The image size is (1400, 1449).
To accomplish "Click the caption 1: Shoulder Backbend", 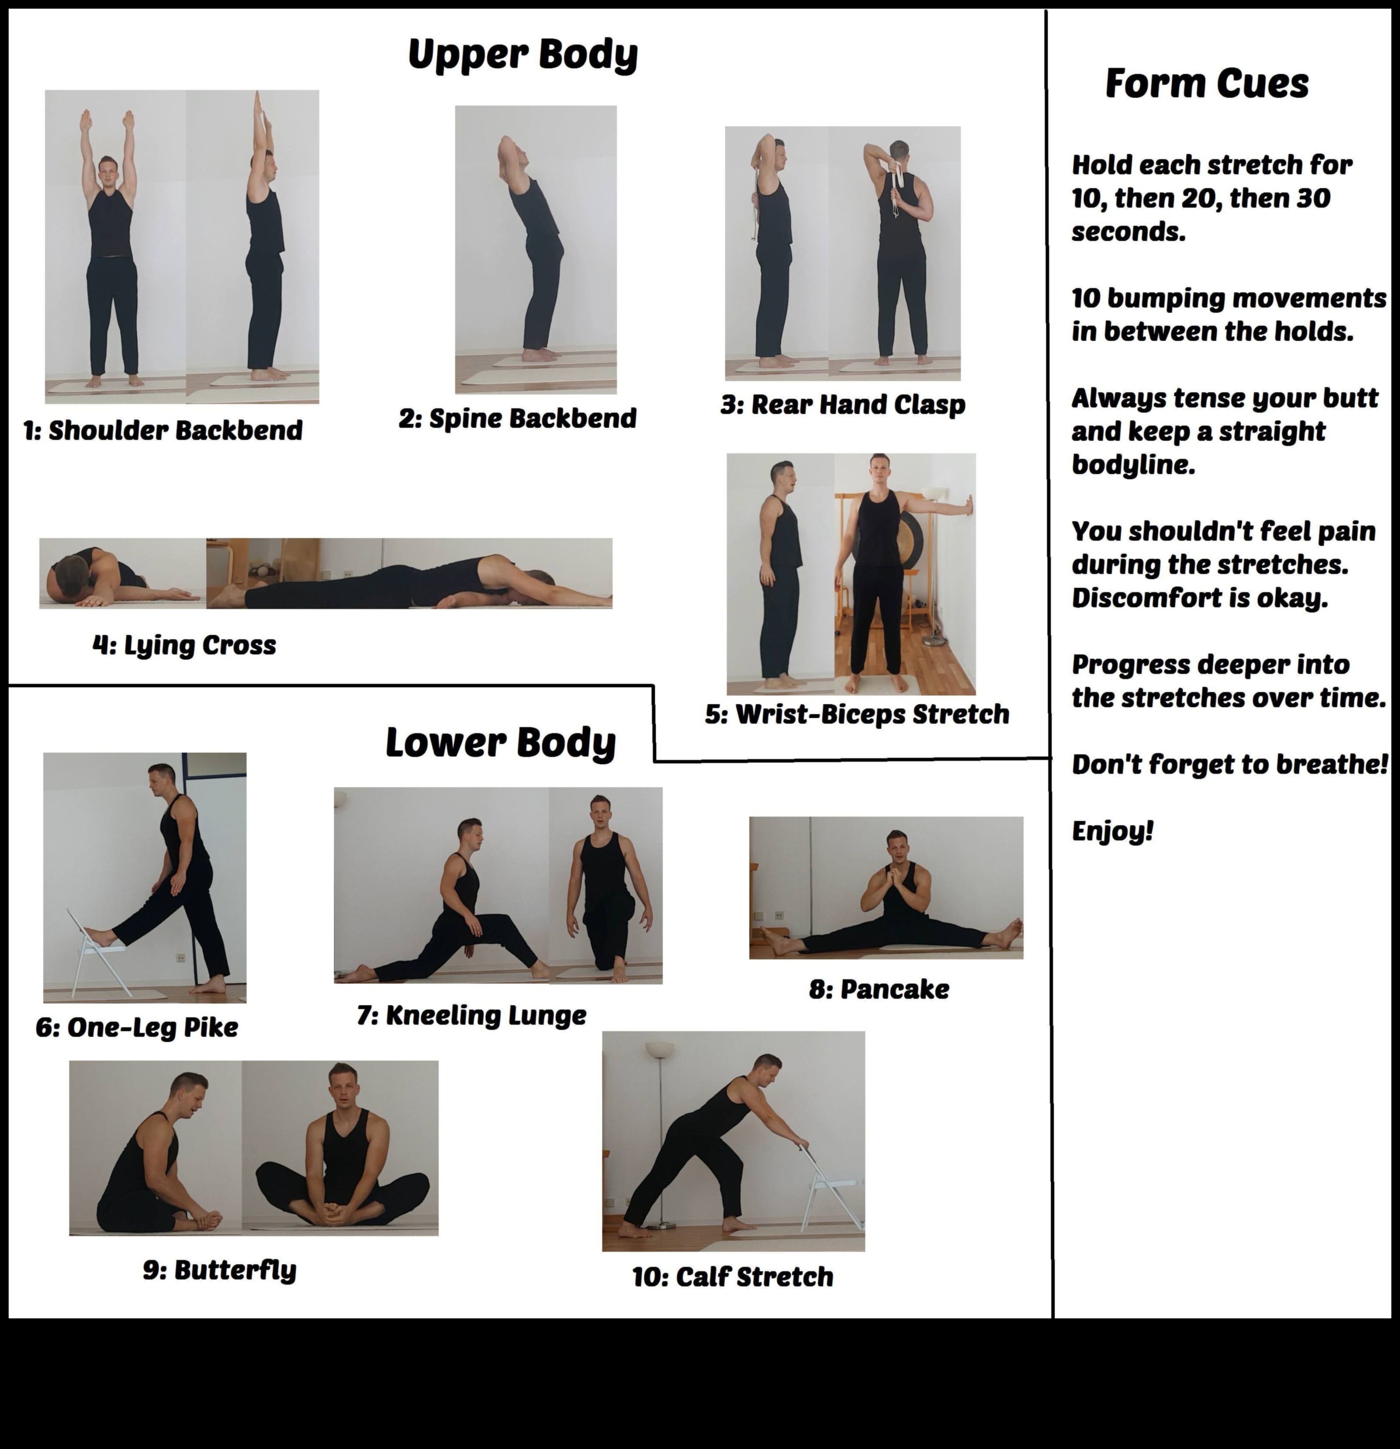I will (163, 430).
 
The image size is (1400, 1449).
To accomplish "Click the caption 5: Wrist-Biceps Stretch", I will (857, 714).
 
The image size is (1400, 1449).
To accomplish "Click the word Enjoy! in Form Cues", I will (1112, 831).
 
